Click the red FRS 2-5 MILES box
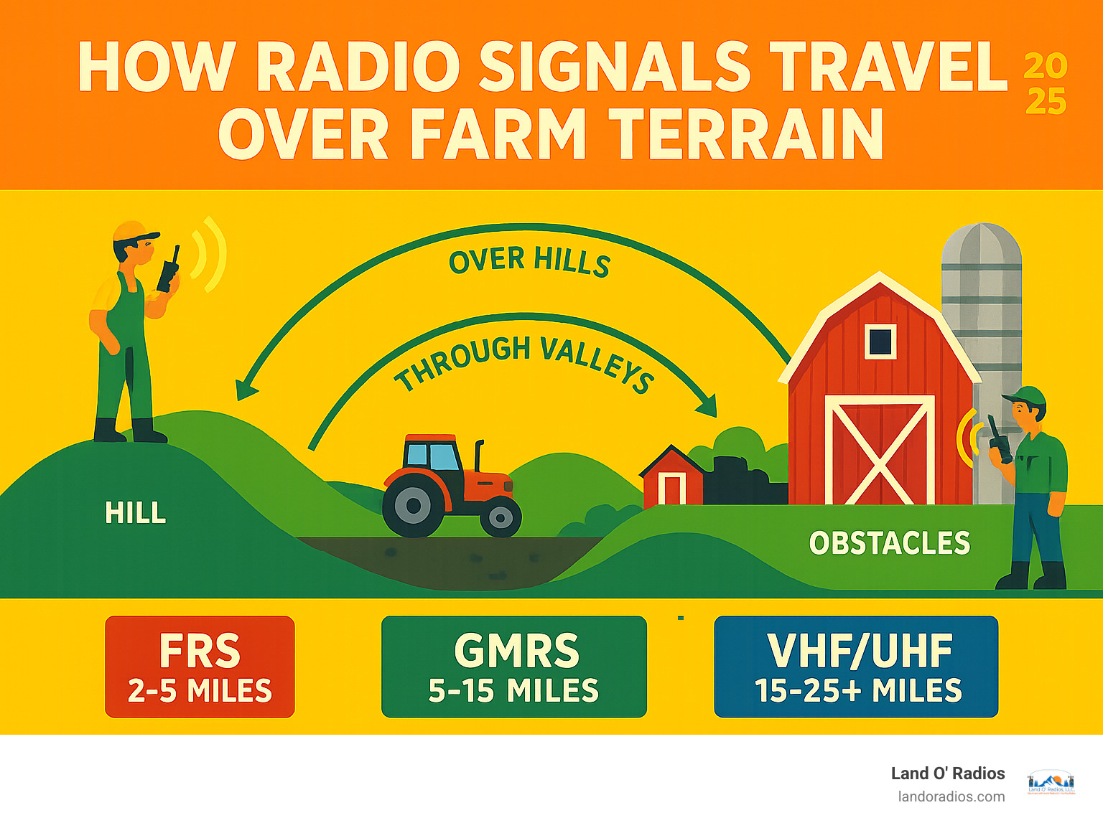pyautogui.click(x=200, y=667)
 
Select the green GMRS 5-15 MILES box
pyautogui.click(x=514, y=667)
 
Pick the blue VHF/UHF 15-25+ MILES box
pyautogui.click(x=856, y=667)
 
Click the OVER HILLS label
pyautogui.click(x=530, y=261)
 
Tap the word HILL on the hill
pyautogui.click(x=135, y=513)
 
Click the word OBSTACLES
pyautogui.click(x=890, y=543)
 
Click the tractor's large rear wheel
pyautogui.click(x=413, y=506)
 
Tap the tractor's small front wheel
pyautogui.click(x=501, y=517)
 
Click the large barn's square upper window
pyautogui.click(x=880, y=342)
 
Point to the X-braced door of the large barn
pyautogui.click(x=880, y=450)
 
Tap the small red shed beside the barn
pyautogui.click(x=672, y=476)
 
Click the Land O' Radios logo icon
pyautogui.click(x=1051, y=783)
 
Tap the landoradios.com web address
pyautogui.click(x=951, y=797)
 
